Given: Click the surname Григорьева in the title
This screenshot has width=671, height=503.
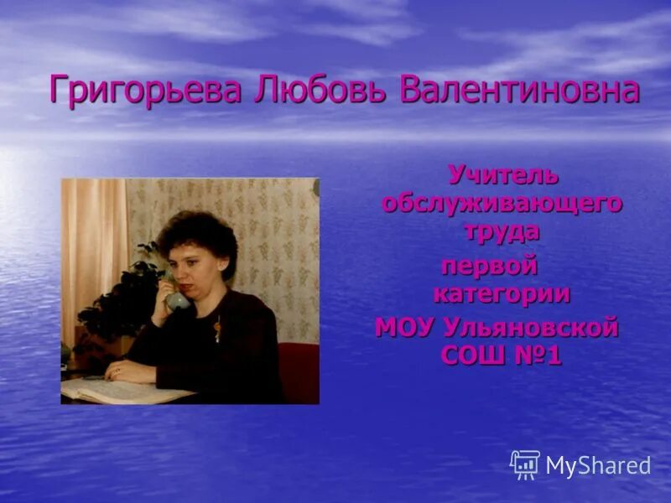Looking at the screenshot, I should (146, 91).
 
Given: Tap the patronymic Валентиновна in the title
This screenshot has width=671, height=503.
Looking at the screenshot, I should (519, 91).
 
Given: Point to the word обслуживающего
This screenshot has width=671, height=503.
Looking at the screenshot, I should (502, 204).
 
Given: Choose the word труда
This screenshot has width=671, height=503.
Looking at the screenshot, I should (502, 231).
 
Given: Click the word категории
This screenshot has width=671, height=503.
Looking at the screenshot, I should (502, 294).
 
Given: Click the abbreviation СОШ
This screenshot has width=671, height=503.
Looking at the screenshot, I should (473, 355).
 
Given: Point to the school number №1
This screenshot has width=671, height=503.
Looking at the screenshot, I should (537, 355).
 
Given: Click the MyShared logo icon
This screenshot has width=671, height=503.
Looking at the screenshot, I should (525, 464).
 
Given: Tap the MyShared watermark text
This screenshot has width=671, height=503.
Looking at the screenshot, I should (598, 466).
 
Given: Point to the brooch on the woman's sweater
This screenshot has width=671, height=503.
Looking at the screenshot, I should (217, 331).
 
